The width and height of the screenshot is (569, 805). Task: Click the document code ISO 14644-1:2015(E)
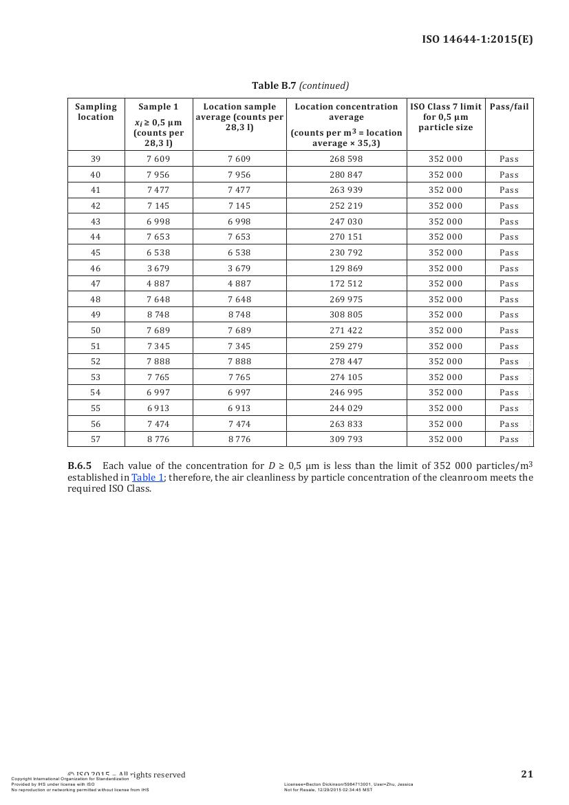(x=477, y=39)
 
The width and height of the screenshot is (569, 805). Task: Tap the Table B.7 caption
(x=300, y=85)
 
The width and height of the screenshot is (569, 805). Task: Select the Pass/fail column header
(x=509, y=107)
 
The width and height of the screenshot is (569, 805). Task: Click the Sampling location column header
(x=96, y=112)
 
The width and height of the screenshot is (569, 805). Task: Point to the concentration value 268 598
(x=346, y=159)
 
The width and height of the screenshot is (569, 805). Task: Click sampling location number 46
(x=96, y=269)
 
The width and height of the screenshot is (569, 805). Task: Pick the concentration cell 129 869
(x=346, y=269)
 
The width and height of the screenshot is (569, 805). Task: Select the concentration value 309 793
(x=346, y=439)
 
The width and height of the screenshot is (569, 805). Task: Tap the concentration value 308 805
(x=346, y=315)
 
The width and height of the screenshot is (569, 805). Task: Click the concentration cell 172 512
(x=346, y=284)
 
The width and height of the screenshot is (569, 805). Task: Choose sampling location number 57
(x=96, y=439)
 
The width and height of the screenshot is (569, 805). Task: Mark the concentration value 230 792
(x=346, y=253)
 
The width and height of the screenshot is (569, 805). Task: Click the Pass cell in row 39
(x=509, y=159)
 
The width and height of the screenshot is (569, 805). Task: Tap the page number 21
(x=527, y=774)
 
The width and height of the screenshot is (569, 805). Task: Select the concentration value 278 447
(x=346, y=362)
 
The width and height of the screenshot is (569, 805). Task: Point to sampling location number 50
(x=96, y=331)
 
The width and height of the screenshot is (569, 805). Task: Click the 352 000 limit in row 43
(x=446, y=222)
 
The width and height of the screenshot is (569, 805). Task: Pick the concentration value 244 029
(x=346, y=408)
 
